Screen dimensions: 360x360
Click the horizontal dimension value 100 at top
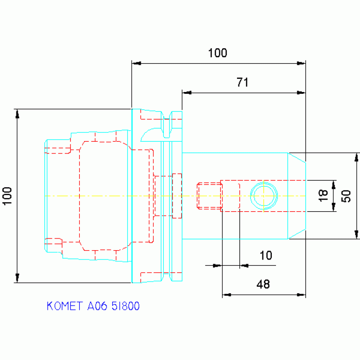pos(217,53)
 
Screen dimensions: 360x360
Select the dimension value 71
pos(243,83)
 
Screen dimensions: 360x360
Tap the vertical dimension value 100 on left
pos(7,196)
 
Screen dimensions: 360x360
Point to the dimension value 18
pos(323,196)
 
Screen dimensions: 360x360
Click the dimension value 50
pos(346,196)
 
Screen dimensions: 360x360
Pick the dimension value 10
pos(266,255)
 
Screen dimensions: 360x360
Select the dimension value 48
pos(263,284)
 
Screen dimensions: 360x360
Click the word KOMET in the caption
pos(64,306)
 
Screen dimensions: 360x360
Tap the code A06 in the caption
pos(97,306)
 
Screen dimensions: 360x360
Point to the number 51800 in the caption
pos(126,306)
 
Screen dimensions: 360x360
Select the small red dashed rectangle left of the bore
pos(209,196)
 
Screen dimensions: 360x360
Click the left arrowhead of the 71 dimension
pos(187,93)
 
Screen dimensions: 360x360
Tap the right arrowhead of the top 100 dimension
pos(301,63)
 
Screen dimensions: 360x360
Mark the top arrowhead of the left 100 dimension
pos(17,114)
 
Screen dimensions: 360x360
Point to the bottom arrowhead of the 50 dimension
pos(356,234)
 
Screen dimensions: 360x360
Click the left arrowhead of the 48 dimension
pos(227,295)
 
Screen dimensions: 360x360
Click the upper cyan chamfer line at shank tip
pos(297,158)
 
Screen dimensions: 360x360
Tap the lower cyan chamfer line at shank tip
pos(297,234)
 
